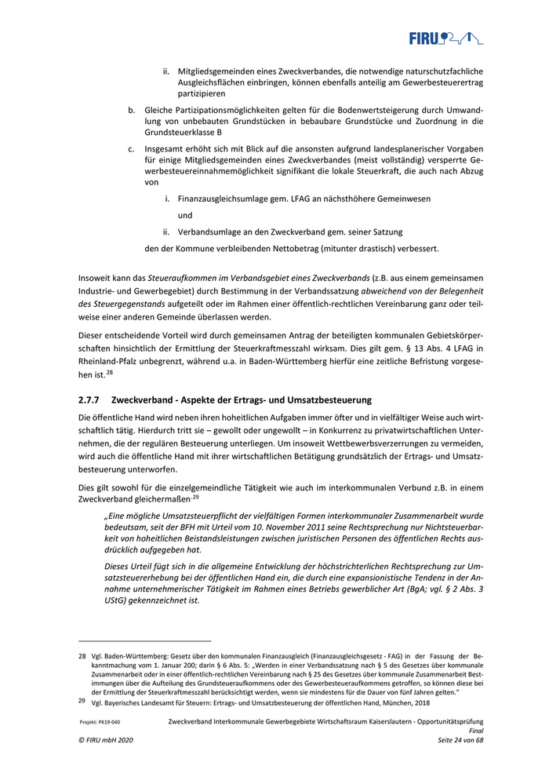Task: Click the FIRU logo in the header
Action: (x=445, y=37)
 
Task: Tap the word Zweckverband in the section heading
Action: (x=144, y=400)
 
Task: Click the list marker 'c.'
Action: (x=132, y=148)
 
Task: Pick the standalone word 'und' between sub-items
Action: (x=185, y=215)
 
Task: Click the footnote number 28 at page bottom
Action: (x=82, y=654)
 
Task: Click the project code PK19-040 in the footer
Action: (x=104, y=721)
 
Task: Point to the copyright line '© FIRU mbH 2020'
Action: (x=104, y=740)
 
